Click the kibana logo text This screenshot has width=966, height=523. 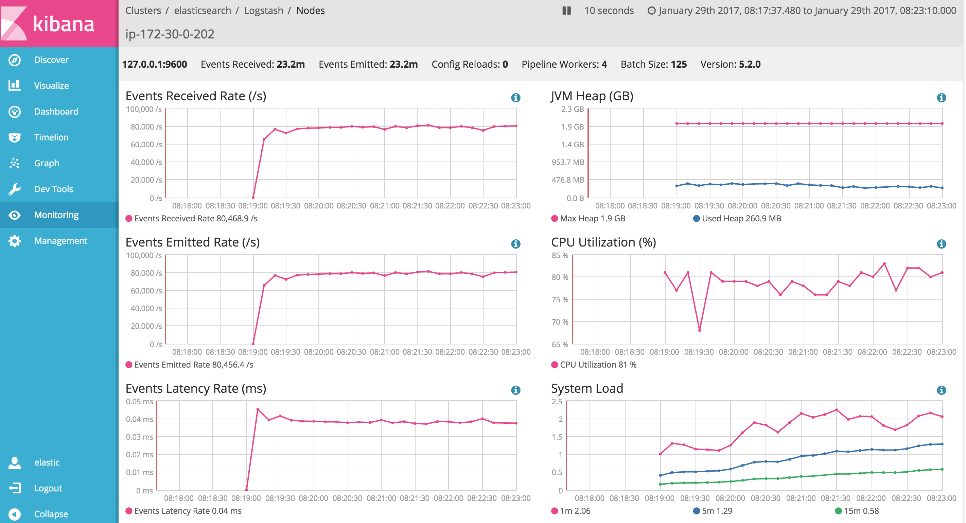click(64, 24)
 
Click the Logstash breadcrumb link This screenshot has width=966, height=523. click(264, 11)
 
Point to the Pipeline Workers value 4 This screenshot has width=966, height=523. click(604, 64)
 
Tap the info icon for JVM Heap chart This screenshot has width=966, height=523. click(941, 98)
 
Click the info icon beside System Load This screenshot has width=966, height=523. click(941, 390)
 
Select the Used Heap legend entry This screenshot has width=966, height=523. click(737, 218)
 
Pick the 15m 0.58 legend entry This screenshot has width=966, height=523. click(857, 511)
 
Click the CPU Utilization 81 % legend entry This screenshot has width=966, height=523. click(594, 365)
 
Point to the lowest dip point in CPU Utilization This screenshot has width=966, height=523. click(699, 330)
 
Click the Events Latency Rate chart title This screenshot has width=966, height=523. click(196, 388)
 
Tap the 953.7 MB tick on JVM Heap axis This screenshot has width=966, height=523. click(568, 162)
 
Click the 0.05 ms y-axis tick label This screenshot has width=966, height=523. click(140, 402)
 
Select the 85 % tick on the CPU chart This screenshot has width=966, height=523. click(560, 255)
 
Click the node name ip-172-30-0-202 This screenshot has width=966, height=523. click(170, 34)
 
